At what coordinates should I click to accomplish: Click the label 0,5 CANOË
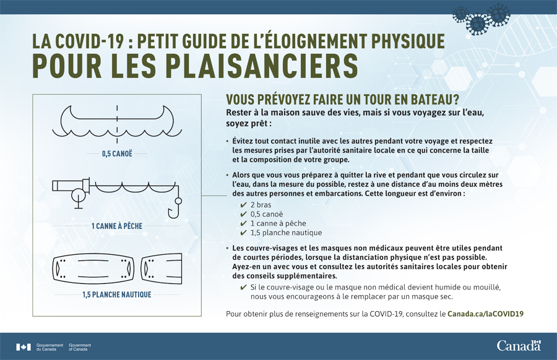[x=117, y=153]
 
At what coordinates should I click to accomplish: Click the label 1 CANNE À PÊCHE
[x=117, y=226]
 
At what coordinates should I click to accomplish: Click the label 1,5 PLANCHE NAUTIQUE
[x=117, y=294]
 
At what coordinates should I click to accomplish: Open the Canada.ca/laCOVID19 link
[x=485, y=314]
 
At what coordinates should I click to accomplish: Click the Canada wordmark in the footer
[x=519, y=345]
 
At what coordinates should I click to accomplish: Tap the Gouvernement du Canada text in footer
[x=50, y=346]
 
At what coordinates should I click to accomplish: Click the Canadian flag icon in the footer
[x=24, y=346]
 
